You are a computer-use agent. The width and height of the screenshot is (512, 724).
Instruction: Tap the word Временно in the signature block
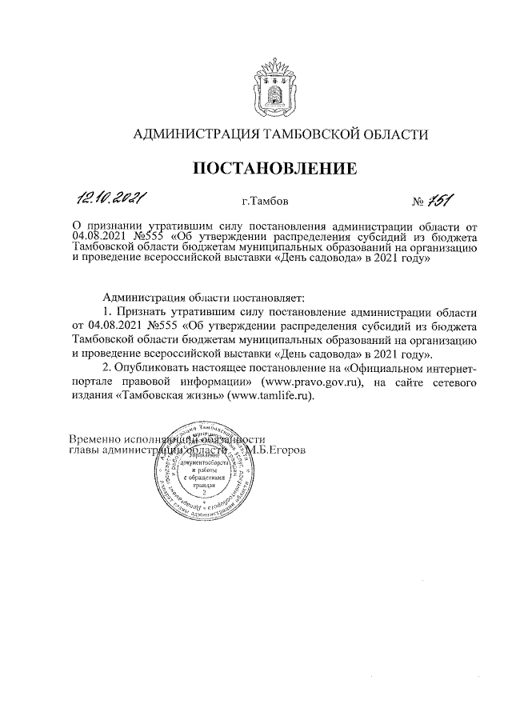pos(95,439)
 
